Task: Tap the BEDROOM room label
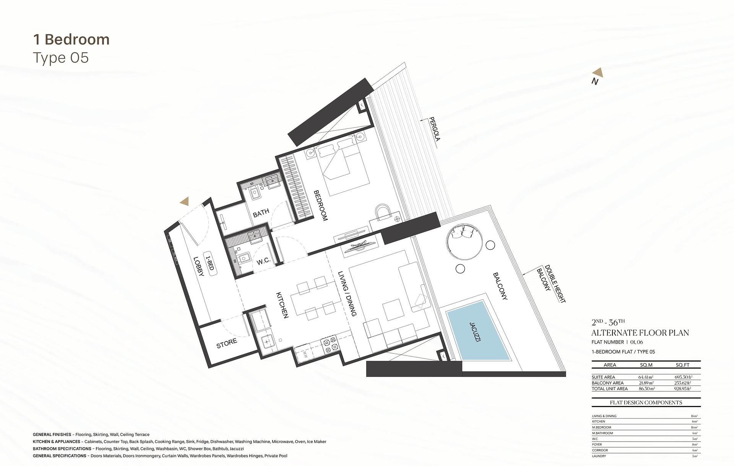pos(321,205)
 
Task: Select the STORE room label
pos(227,343)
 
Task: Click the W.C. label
pos(263,261)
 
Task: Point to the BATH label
pos(261,213)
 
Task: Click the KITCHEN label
pos(282,305)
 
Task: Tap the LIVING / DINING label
pos(348,294)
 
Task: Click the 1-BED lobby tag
pos(209,264)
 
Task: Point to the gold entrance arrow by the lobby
pos(185,201)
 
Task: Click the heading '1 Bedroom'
pos(71,39)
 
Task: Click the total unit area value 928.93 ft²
pos(683,389)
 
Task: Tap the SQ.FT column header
pos(683,365)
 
